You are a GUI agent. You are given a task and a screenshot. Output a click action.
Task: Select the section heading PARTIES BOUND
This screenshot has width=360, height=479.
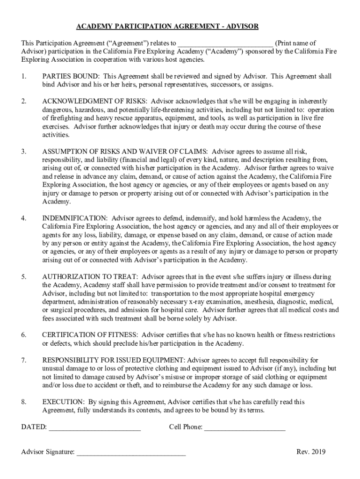pos(70,76)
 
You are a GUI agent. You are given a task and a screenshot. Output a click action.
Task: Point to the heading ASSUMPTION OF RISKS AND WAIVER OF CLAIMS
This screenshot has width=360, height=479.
pos(125,152)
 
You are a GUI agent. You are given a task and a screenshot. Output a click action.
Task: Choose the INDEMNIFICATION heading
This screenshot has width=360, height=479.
pos(75,218)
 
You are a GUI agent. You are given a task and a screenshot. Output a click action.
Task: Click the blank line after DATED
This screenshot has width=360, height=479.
pos(94,428)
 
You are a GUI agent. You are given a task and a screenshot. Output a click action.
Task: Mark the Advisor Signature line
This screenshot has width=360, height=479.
pos(131,453)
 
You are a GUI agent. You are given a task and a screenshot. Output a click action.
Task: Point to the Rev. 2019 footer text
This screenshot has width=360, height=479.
pos(311,452)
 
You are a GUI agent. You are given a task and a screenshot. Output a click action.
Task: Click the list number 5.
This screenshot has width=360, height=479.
pos(23,276)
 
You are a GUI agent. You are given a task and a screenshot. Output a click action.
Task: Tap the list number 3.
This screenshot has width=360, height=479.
pos(23,152)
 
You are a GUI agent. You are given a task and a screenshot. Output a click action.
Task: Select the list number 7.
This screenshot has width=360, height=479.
pos(23,360)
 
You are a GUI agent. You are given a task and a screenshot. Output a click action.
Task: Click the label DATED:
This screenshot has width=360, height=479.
pos(34,427)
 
